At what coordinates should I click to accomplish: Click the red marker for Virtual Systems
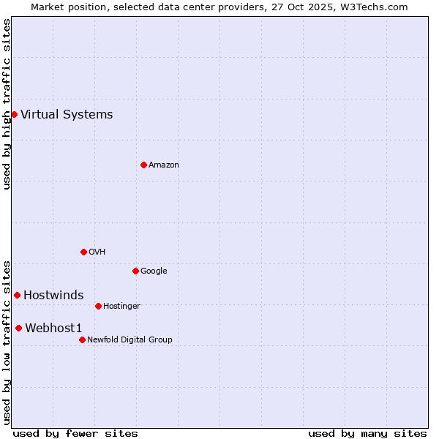click(14, 114)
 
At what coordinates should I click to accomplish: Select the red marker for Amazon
click(143, 165)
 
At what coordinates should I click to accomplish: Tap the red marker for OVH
click(83, 252)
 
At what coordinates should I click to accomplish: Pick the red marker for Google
click(135, 271)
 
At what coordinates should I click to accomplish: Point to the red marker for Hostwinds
click(17, 295)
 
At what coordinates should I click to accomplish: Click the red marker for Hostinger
click(98, 306)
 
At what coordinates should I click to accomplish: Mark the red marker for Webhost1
click(18, 328)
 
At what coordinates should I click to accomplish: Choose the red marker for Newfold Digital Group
click(82, 339)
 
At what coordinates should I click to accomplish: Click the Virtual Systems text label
click(67, 114)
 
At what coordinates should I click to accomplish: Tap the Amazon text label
click(164, 165)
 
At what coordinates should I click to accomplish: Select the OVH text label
click(97, 252)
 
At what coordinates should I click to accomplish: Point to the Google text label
click(154, 271)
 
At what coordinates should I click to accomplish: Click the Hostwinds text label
click(53, 295)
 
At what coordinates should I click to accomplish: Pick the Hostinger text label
click(121, 306)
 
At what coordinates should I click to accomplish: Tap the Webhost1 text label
click(53, 328)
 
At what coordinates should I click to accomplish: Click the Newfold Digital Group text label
click(130, 339)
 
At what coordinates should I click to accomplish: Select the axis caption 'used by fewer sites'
click(75, 433)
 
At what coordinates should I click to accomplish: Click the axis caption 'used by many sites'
click(367, 433)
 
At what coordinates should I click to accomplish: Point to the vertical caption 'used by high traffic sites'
click(7, 104)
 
